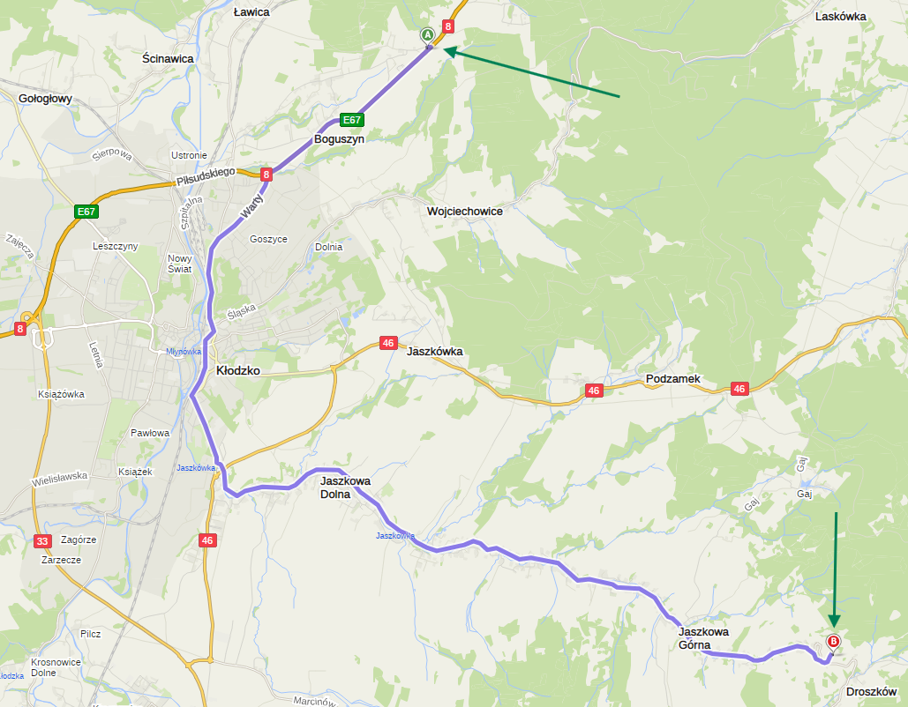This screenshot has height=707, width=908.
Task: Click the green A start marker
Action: pyautogui.click(x=427, y=34)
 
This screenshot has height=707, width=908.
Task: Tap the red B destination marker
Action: pyautogui.click(x=833, y=642)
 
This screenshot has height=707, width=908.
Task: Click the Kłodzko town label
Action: pyautogui.click(x=238, y=371)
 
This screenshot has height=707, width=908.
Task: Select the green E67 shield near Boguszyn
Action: pyautogui.click(x=352, y=120)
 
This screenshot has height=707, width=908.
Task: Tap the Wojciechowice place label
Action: pyautogui.click(x=465, y=212)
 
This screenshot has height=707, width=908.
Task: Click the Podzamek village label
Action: pyautogui.click(x=672, y=379)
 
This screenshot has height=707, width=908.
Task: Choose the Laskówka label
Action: pyautogui.click(x=841, y=17)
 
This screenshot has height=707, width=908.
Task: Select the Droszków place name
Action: pyautogui.click(x=871, y=692)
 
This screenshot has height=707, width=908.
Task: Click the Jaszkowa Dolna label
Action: pyautogui.click(x=345, y=487)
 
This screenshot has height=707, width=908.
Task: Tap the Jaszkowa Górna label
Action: pyautogui.click(x=703, y=638)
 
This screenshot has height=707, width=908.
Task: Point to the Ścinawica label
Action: pyautogui.click(x=168, y=58)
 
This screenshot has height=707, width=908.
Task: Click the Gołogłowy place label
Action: pyautogui.click(x=45, y=99)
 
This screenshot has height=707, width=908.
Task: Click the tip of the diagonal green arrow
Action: pyautogui.click(x=445, y=51)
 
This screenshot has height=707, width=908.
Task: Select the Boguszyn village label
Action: pyautogui.click(x=340, y=139)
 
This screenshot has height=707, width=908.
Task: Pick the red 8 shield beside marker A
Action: pyautogui.click(x=448, y=26)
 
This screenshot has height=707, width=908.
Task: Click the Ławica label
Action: pyautogui.click(x=251, y=13)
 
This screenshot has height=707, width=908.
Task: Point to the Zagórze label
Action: pyautogui.click(x=79, y=540)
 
